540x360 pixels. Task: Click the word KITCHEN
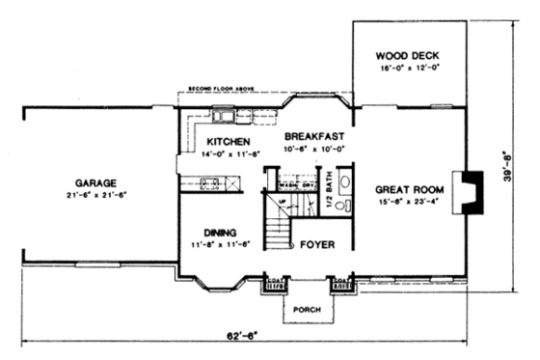[229, 141]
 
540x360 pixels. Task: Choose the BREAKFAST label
[310, 137]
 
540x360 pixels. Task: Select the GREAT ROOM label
[406, 189]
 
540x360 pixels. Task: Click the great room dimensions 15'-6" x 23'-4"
[406, 202]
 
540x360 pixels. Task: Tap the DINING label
[222, 232]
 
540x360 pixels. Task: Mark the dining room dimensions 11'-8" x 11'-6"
[222, 244]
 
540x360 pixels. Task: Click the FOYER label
[315, 245]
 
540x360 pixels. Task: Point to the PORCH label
[307, 309]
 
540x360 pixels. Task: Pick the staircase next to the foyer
[280, 230]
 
